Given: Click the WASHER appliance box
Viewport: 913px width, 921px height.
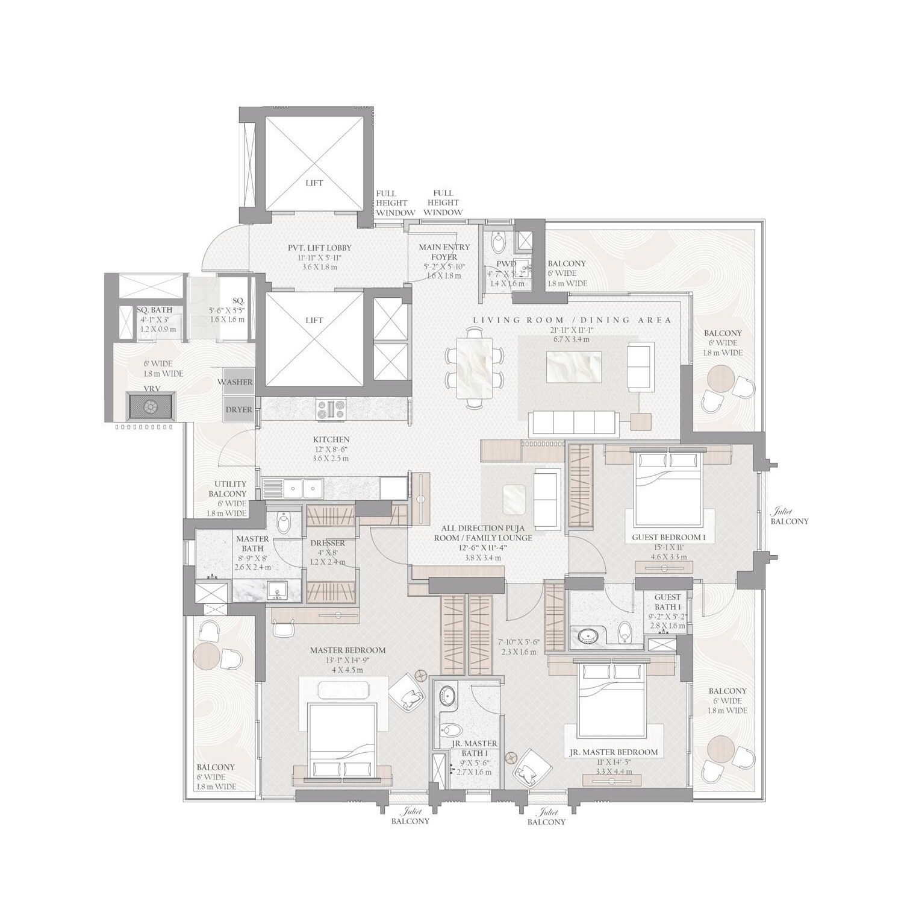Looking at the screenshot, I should tap(238, 382).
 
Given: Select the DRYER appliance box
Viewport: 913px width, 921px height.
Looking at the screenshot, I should tap(238, 409).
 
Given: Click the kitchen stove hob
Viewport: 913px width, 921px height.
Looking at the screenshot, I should tap(331, 410).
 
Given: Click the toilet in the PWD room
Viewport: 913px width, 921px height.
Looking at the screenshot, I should tap(499, 243).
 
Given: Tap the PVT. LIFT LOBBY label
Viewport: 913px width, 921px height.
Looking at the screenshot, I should tap(319, 248).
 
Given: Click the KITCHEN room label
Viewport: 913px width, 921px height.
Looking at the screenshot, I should tap(331, 440).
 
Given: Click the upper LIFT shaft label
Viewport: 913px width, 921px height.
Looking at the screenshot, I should tap(314, 183).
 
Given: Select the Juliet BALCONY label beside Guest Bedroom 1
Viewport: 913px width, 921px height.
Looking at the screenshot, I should tap(789, 517).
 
